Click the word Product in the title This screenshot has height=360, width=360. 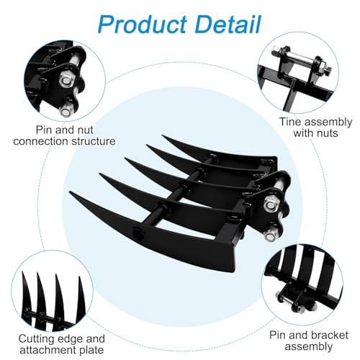(143, 24)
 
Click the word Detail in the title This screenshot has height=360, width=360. (228, 24)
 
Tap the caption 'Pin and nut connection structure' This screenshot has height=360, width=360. (64, 135)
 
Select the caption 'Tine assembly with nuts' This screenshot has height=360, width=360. (315, 127)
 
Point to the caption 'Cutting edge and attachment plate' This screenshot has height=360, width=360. (62, 344)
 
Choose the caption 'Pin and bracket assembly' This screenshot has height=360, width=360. (309, 341)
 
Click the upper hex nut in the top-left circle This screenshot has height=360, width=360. (65, 81)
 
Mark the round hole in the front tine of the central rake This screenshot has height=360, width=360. (138, 233)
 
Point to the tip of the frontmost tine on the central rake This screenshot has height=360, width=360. (70, 192)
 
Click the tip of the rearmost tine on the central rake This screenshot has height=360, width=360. (163, 136)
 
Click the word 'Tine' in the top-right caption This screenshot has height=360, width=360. (290, 122)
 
